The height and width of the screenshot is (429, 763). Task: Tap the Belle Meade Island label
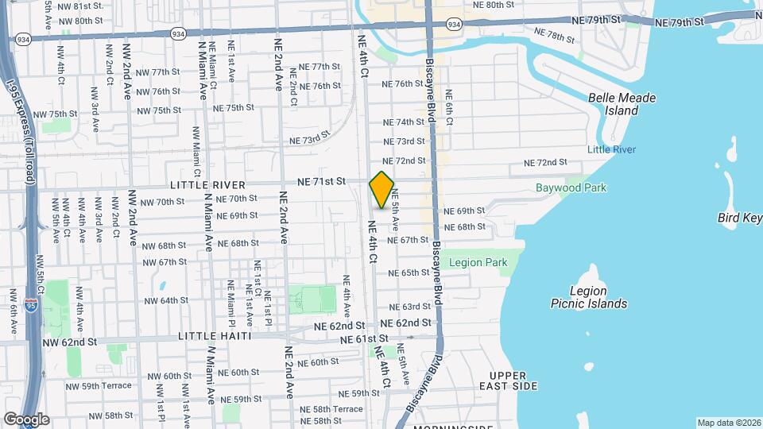point(622,104)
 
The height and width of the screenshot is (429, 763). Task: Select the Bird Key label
point(739,218)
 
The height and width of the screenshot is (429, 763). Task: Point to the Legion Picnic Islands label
point(589,297)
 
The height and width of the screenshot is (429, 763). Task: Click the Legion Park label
point(478,262)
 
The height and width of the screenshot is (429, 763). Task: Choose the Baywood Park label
point(571,188)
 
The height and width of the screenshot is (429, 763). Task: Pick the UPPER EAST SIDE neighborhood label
point(513,381)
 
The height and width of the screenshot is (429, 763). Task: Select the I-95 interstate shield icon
point(30,303)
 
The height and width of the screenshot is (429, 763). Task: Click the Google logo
point(26,419)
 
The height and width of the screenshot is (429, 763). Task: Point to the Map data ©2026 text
point(728,423)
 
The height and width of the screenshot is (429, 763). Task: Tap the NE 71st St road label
point(321,182)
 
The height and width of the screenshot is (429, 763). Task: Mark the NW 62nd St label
point(70,342)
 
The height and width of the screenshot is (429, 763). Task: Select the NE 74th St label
point(405,122)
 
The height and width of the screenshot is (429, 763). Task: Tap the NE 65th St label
point(409,272)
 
